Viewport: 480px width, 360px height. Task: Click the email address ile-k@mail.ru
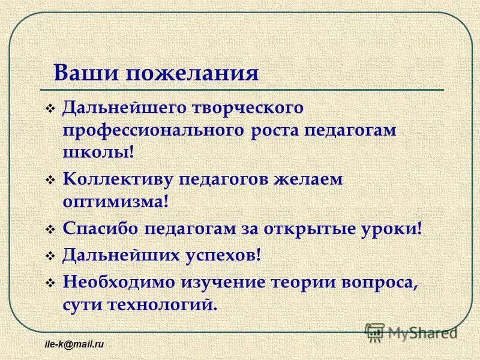tap(74, 345)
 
